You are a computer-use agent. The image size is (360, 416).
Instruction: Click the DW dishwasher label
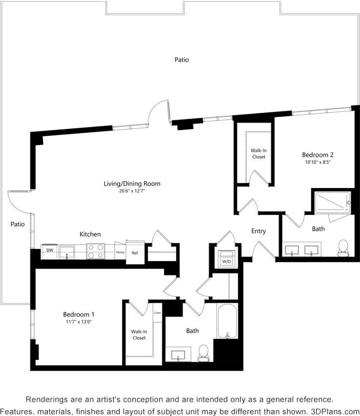pos(50,250)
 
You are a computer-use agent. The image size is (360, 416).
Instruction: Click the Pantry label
pos(120,252)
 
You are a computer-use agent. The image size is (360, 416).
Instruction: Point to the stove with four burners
pos(96,251)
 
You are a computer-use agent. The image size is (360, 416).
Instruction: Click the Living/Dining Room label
pos(132,184)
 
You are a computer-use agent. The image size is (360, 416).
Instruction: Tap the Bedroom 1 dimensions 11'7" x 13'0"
pos(78,322)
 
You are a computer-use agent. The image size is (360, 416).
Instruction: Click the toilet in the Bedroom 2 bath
pos(343,247)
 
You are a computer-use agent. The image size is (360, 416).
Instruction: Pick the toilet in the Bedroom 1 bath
pos(203,353)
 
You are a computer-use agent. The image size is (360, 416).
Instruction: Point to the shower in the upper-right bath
pos(333,202)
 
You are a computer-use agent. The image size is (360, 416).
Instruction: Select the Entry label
pos(258,231)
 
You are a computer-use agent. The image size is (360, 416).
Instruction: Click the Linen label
pos(157,312)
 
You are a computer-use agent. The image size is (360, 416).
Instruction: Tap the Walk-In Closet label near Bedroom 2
pos(258,154)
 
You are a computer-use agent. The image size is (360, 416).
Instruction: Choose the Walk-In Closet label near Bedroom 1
pos(139,334)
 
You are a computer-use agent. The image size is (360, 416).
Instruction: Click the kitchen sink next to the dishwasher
pos(67,251)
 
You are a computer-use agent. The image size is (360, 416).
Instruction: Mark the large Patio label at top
pos(182,60)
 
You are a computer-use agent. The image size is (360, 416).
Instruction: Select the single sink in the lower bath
pos(178,354)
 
